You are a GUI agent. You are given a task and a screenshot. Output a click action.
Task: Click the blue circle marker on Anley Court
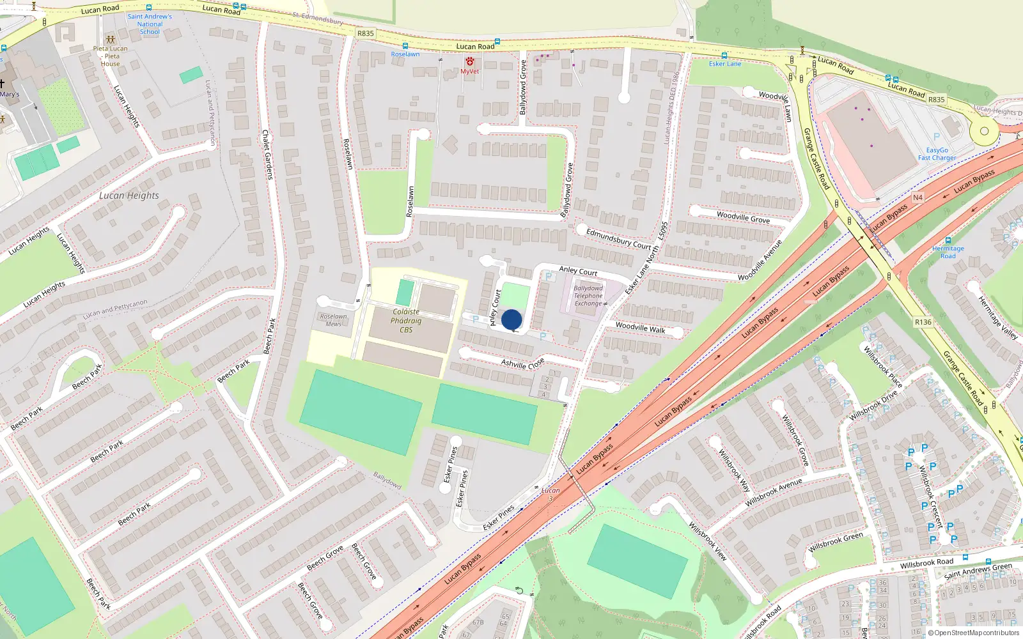[x=511, y=319]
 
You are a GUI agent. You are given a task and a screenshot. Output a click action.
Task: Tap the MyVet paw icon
[x=470, y=61]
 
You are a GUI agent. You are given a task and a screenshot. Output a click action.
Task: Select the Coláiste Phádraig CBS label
[x=406, y=321]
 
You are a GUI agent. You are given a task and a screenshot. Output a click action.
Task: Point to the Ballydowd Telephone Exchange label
[x=588, y=296]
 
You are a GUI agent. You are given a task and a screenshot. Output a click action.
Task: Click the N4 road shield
[x=918, y=197]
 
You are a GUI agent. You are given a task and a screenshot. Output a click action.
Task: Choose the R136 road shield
[x=923, y=322]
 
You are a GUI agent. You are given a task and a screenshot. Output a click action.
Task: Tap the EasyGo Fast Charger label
[x=937, y=154]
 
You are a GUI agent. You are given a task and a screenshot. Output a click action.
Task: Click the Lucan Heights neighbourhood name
[x=129, y=196]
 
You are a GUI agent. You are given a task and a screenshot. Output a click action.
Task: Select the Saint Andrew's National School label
[x=150, y=24]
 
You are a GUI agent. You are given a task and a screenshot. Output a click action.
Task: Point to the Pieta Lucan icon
[x=110, y=40]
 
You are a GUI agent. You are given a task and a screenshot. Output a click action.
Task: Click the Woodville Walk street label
[x=640, y=328]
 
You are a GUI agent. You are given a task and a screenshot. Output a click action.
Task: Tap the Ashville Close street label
[x=522, y=364]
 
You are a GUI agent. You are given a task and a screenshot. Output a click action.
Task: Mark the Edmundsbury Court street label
[x=618, y=239]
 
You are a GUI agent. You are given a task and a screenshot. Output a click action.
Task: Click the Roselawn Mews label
[x=334, y=320]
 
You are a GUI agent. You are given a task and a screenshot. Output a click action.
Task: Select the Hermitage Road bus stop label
[x=948, y=252]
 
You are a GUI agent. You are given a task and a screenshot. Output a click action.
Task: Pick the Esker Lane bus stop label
[x=725, y=64]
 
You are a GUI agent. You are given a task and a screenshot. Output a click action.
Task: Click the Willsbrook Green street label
[x=836, y=543]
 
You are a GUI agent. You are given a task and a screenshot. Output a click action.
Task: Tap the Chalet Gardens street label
[x=267, y=154]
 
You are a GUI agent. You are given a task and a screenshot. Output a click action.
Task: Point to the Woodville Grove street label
[x=743, y=217]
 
